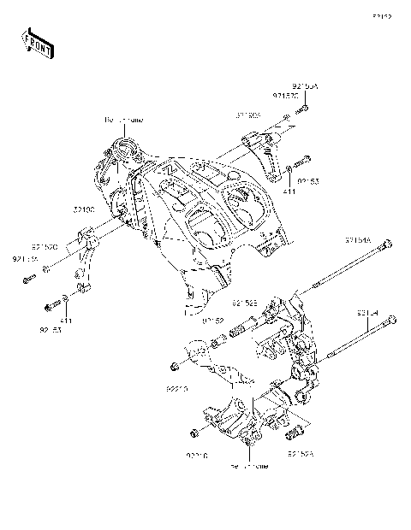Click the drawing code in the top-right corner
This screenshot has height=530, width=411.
(381, 15)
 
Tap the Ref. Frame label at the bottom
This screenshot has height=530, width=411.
(248, 467)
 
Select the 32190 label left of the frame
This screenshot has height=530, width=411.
(83, 208)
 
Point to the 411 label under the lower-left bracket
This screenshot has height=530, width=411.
(66, 320)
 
